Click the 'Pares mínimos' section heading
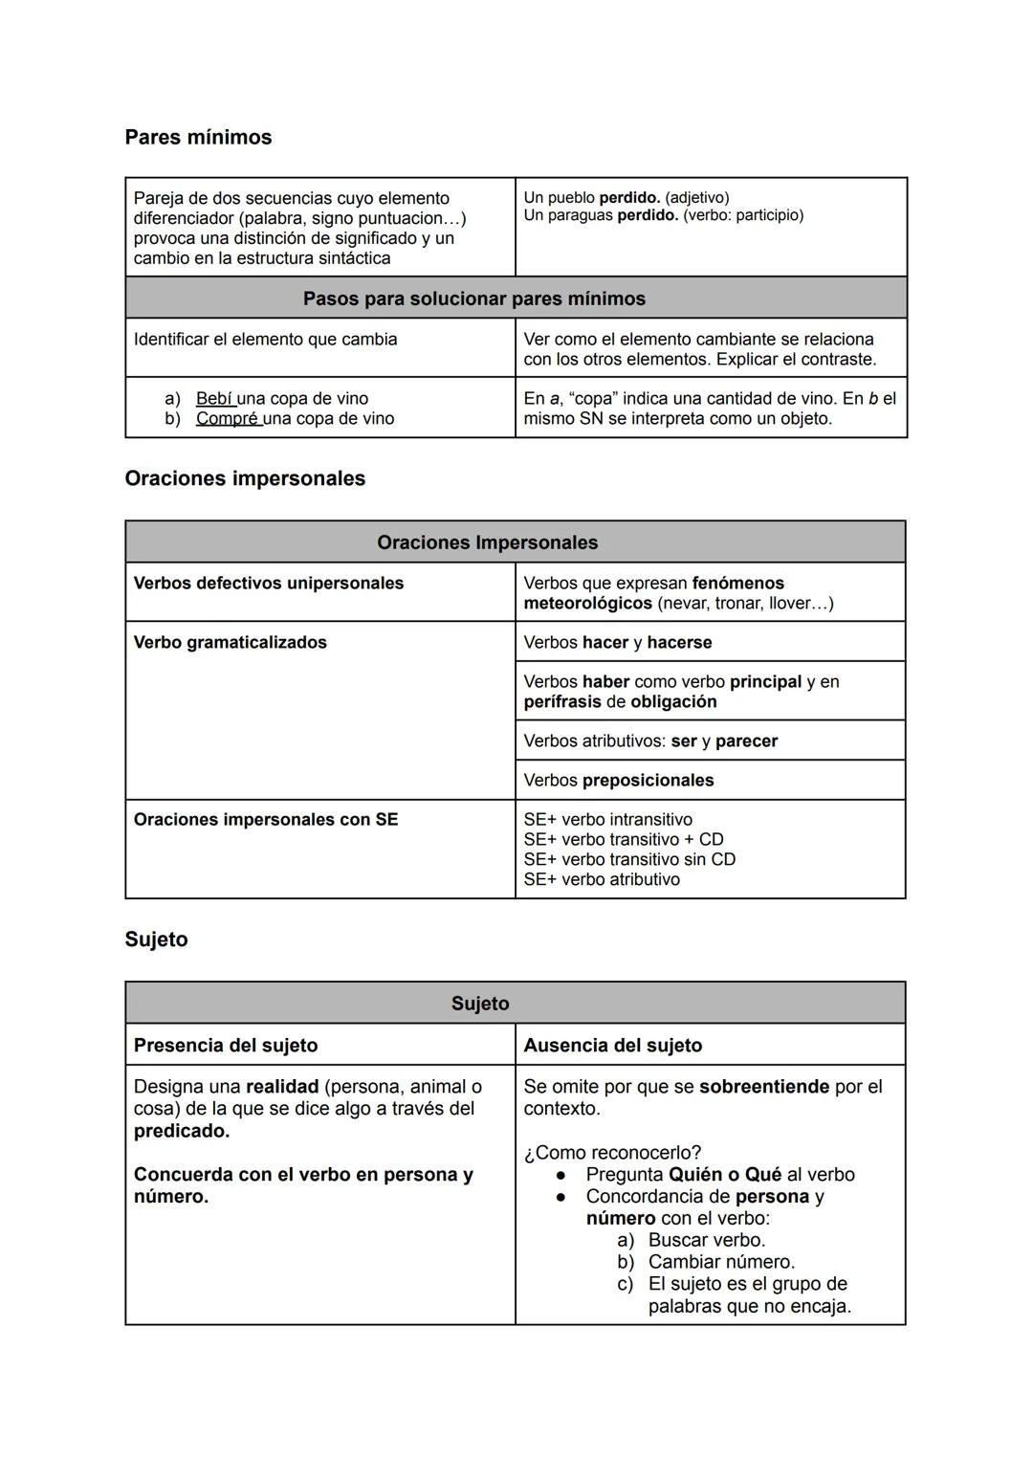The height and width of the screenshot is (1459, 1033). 198,137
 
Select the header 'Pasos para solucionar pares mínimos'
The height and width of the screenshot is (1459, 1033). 473,298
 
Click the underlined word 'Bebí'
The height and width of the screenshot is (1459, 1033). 214,398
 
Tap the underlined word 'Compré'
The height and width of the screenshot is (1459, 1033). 228,418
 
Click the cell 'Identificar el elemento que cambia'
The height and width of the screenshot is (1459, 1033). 265,339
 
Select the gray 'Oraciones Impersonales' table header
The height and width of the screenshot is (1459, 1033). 487,542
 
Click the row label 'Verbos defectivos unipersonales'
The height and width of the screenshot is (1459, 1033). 268,583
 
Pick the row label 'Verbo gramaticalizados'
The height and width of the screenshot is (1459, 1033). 230,642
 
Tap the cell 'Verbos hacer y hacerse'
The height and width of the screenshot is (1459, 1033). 617,642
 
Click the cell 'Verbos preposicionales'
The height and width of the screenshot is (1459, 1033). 618,780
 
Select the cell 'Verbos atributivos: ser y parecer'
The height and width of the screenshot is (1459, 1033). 649,741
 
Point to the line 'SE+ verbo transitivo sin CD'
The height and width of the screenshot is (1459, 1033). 628,859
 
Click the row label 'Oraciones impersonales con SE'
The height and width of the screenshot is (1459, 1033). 265,819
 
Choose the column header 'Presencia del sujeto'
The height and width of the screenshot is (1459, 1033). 225,1045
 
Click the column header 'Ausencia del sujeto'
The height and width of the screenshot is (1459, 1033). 612,1045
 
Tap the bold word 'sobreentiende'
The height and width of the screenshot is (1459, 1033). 763,1086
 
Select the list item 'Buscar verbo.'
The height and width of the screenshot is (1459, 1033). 706,1240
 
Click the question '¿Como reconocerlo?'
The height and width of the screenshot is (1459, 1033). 611,1152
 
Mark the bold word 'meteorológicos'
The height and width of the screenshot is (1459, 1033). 587,603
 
